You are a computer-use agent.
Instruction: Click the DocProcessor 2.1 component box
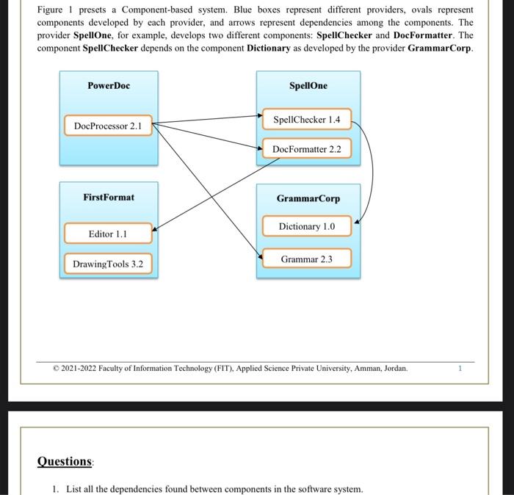pyautogui.click(x=108, y=126)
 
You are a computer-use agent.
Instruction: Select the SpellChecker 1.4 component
pyautogui.click(x=306, y=119)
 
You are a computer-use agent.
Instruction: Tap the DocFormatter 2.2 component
pyautogui.click(x=306, y=149)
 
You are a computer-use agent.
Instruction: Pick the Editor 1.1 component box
pyautogui.click(x=108, y=234)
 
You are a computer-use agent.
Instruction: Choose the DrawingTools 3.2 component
pyautogui.click(x=108, y=264)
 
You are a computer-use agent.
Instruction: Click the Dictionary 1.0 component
pyautogui.click(x=306, y=226)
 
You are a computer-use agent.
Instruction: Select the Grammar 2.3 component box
pyautogui.click(x=306, y=259)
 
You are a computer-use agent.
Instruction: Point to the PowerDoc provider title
pyautogui.click(x=108, y=85)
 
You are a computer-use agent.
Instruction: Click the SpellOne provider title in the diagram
pyautogui.click(x=308, y=85)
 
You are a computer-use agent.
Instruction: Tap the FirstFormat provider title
pyautogui.click(x=108, y=197)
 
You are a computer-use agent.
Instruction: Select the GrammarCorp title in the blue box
pyautogui.click(x=308, y=198)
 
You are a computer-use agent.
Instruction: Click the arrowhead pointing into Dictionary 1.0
pyautogui.click(x=357, y=220)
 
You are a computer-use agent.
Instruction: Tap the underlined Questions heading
pyautogui.click(x=65, y=461)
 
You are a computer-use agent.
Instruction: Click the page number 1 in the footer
pyautogui.click(x=460, y=368)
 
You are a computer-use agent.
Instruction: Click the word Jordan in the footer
pyautogui.click(x=395, y=368)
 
